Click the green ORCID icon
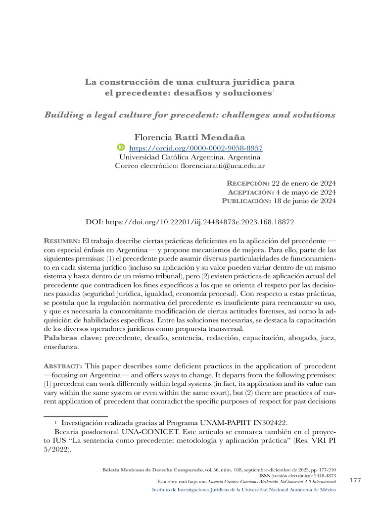point(121,148)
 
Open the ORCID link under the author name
point(195,148)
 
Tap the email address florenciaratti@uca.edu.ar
point(222,166)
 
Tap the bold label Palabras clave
point(72,338)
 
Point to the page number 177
point(355,480)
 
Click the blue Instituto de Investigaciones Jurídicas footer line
point(243,490)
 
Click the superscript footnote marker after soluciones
point(273,91)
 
